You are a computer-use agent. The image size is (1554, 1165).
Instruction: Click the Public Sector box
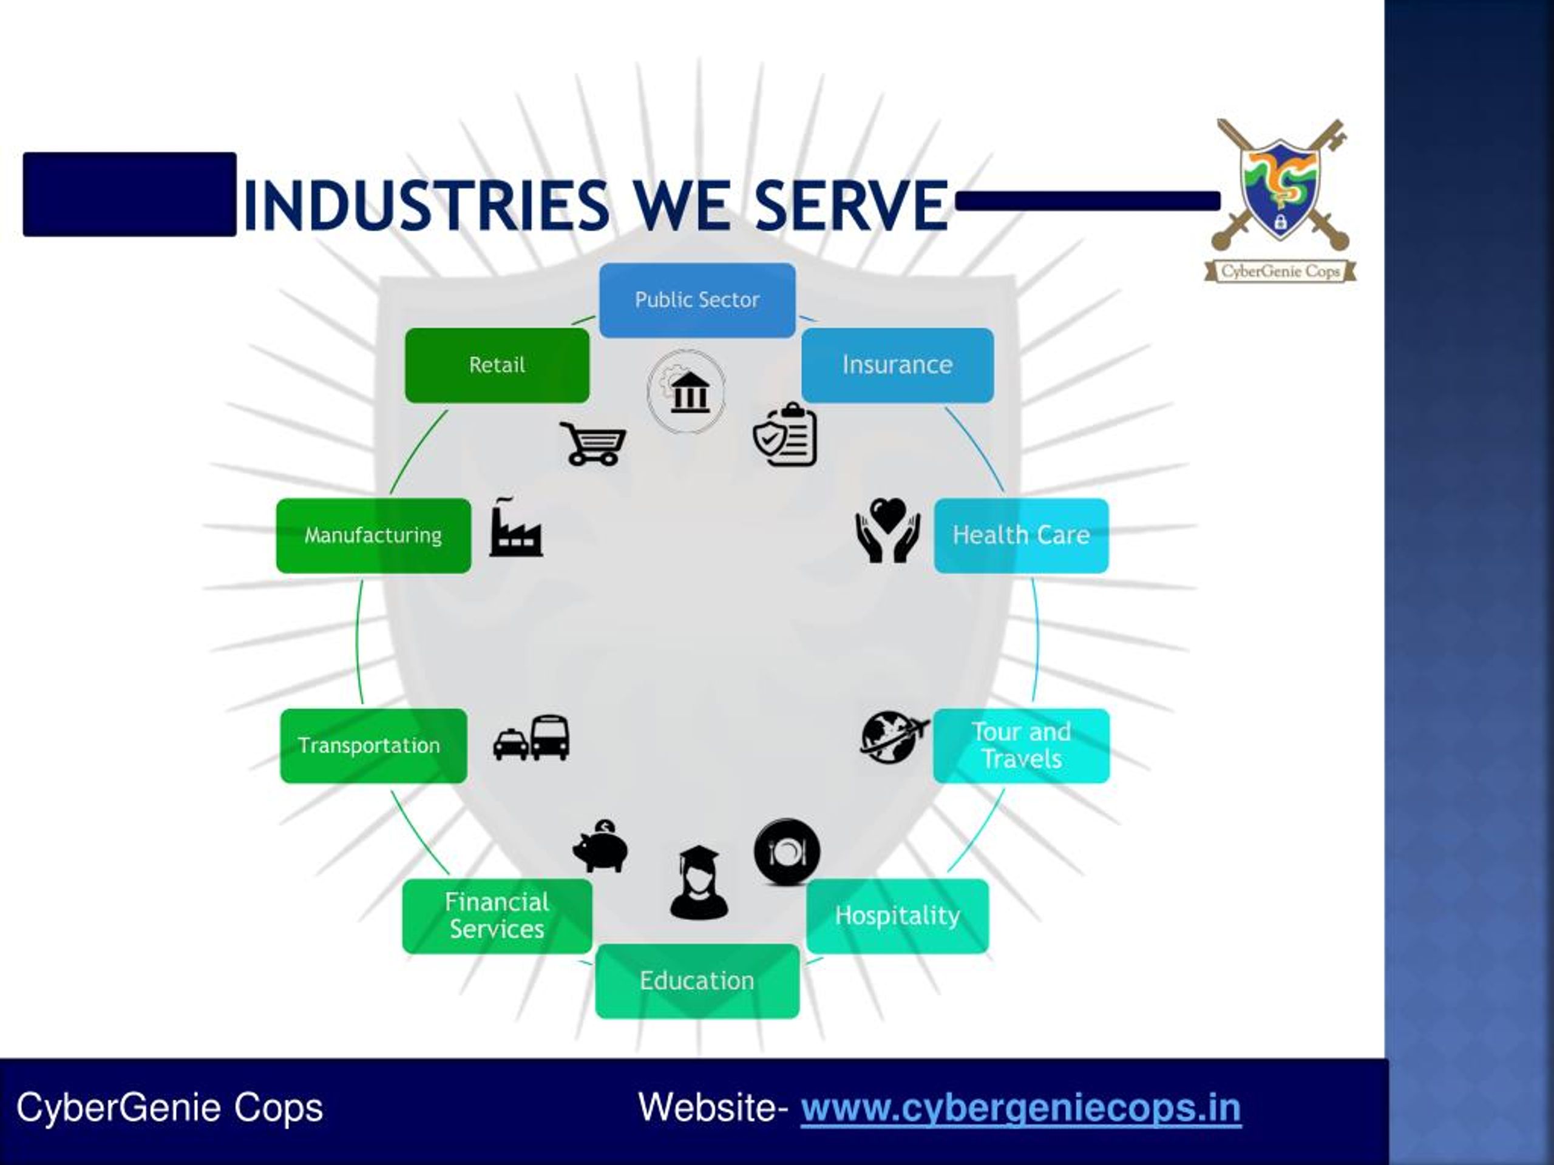point(697,300)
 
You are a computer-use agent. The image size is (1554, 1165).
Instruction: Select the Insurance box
point(897,365)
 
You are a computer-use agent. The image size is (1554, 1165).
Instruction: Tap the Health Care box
point(1021,536)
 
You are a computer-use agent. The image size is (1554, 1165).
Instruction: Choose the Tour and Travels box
point(1021,746)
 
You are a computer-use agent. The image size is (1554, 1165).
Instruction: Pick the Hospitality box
point(897,916)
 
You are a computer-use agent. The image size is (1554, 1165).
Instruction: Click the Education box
point(697,981)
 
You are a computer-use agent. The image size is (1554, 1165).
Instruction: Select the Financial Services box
point(497,916)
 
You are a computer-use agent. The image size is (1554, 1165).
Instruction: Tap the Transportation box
point(373,746)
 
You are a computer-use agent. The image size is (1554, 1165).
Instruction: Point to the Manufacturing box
point(373,536)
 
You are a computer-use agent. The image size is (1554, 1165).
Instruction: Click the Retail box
point(497,365)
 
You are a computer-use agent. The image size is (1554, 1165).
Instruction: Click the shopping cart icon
point(592,444)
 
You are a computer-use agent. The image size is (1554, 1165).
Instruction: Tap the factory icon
point(515,527)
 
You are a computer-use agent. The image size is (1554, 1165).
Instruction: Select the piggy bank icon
point(601,846)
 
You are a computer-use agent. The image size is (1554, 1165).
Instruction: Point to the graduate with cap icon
point(698,883)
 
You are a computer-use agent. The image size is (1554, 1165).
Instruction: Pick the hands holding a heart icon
point(887,530)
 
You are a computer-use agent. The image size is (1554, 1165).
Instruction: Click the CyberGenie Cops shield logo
point(1280,200)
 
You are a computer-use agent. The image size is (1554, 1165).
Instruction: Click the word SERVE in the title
point(852,205)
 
